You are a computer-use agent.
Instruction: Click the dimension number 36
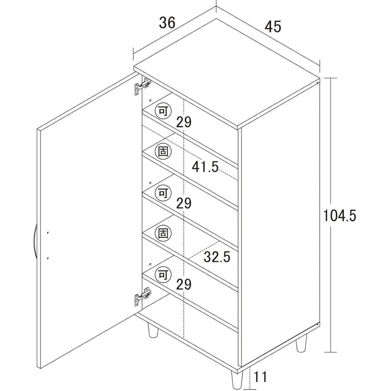point(167,23)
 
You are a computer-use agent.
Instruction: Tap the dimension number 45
point(273,27)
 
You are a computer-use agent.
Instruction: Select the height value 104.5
point(340,215)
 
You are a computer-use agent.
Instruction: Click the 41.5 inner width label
point(205,166)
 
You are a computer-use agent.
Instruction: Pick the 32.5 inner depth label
point(217,257)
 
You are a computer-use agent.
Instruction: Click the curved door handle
point(34,241)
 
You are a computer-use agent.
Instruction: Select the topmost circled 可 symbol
point(163,111)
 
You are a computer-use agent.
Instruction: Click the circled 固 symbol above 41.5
point(163,151)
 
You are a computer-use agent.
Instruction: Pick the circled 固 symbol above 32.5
point(163,233)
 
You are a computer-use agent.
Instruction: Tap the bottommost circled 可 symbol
point(163,275)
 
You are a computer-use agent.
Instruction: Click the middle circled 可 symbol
point(163,193)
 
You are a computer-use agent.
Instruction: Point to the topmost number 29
point(184,122)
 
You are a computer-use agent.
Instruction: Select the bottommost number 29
point(184,284)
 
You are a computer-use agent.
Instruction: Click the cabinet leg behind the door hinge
point(152,331)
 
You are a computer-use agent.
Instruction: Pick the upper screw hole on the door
point(48,233)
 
